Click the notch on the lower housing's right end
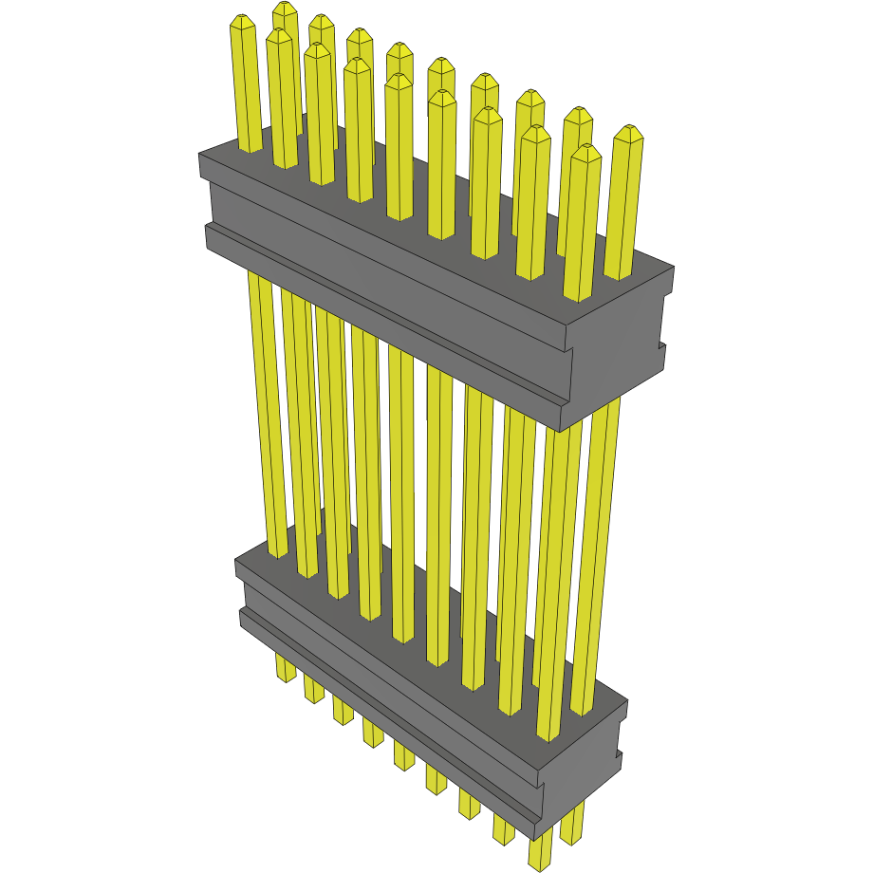(619, 755)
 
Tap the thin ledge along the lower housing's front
(380, 707)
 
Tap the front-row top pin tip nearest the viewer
(586, 152)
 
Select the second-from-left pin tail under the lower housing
(313, 689)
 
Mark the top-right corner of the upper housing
(672, 269)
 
